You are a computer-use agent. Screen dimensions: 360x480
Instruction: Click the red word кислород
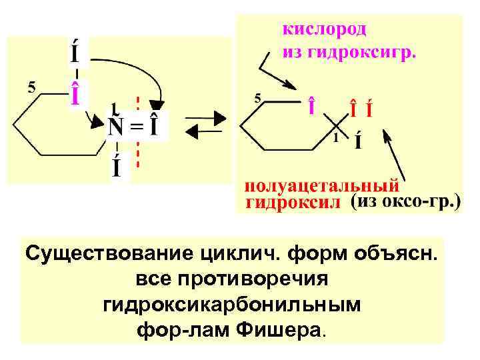pyautogui.click(x=325, y=29)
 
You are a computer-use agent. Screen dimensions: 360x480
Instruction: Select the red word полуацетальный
pyautogui.click(x=323, y=185)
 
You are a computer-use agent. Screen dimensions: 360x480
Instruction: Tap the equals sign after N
pyautogui.click(x=135, y=127)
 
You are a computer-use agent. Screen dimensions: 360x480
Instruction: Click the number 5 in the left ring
pyautogui.click(x=31, y=86)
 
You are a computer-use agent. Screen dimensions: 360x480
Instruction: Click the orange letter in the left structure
pyautogui.click(x=77, y=93)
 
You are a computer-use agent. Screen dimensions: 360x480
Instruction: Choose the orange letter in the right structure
pyautogui.click(x=311, y=107)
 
